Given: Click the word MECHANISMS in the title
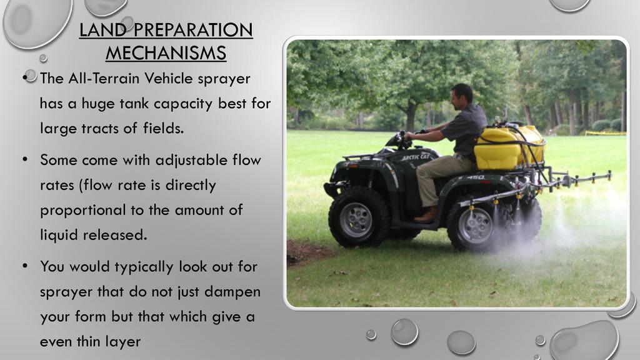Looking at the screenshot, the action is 166,53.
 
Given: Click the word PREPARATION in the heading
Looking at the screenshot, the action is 192,30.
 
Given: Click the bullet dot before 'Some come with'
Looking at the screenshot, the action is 25,159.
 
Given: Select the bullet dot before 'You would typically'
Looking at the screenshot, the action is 25,266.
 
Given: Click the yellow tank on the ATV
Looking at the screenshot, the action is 510,147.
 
